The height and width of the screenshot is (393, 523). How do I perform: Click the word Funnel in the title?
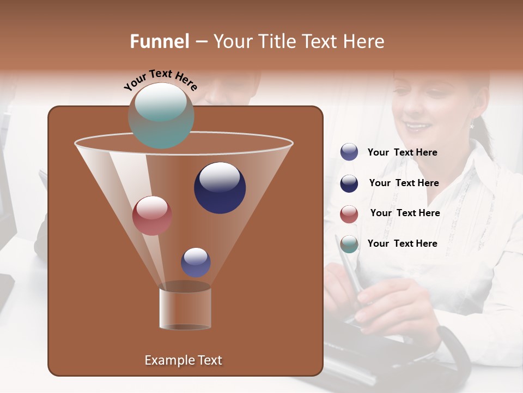[160, 41]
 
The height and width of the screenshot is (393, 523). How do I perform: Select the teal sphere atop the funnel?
[161, 115]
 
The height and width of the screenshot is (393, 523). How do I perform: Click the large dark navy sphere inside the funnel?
[220, 188]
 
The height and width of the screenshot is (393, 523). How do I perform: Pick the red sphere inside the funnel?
[152, 216]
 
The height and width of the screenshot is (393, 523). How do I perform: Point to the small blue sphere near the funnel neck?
[196, 262]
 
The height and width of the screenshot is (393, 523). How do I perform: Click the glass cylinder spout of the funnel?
[185, 307]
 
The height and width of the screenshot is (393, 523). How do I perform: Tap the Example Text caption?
[184, 360]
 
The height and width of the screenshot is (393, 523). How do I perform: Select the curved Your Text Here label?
[161, 80]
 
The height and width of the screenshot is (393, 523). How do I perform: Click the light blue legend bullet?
[349, 152]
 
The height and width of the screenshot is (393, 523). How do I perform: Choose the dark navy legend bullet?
[349, 183]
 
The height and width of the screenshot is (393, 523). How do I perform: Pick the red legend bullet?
[349, 214]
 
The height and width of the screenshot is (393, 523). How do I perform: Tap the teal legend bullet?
[349, 244]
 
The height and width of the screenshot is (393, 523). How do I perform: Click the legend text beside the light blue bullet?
[402, 153]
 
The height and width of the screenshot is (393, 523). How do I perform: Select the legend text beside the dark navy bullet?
[404, 183]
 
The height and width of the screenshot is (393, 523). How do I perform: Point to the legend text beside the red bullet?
[405, 213]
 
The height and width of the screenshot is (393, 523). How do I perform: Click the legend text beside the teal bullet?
[402, 243]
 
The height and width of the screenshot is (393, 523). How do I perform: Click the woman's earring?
[472, 125]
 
